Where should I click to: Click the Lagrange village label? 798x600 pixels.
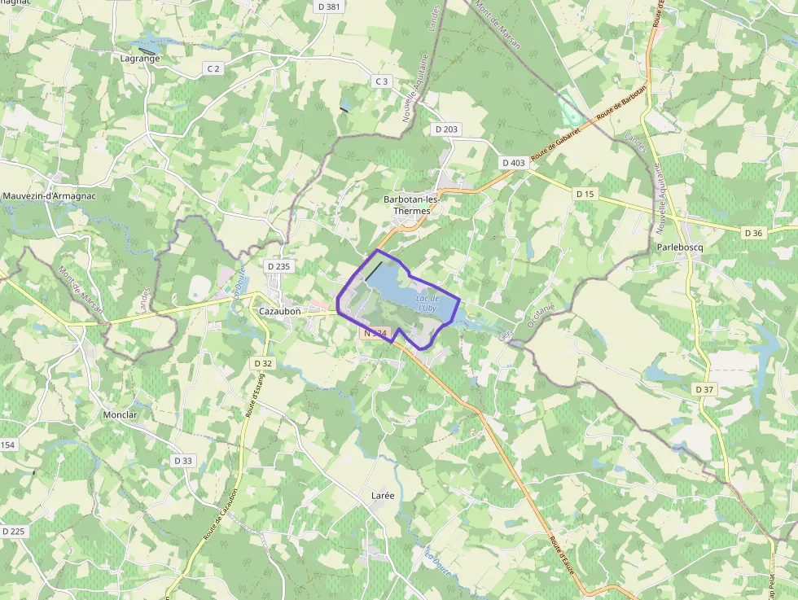pos(139,59)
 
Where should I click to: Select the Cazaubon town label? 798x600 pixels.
pos(279,311)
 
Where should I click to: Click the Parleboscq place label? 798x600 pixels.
pos(678,247)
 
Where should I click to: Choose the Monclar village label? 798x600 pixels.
pos(120,414)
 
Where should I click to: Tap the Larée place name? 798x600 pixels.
pos(382,495)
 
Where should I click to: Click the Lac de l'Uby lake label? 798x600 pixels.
pos(427,304)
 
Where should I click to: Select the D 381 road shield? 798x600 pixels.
pos(329,7)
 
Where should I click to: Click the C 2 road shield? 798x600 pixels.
pos(213,68)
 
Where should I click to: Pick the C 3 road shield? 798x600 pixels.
pos(382,81)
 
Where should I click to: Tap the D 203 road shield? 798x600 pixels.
pos(446,129)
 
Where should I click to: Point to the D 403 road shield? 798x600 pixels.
pos(514,163)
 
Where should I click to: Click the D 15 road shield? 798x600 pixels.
pos(585,194)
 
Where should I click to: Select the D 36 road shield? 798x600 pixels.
pos(754,233)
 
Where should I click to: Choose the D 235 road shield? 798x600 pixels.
pos(278,266)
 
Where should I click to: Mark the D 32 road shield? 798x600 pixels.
pos(263,363)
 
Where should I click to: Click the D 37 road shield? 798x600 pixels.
pos(704,390)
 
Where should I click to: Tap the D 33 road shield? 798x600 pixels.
pos(183,461)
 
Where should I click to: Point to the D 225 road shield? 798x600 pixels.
pos(14,532)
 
